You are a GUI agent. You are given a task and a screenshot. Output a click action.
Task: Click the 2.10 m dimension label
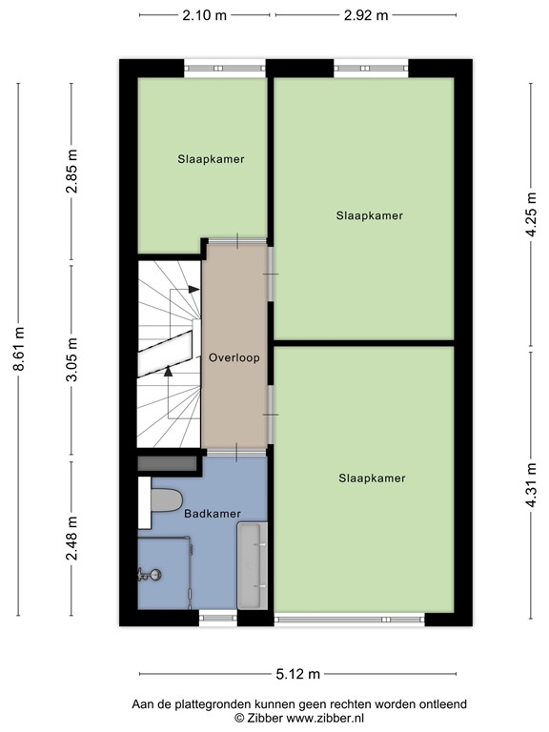click(x=205, y=15)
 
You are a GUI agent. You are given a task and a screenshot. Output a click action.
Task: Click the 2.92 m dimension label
click(x=366, y=15)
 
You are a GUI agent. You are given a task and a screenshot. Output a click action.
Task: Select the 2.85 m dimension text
click(x=71, y=171)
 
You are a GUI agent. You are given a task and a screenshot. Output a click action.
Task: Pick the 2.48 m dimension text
click(x=71, y=539)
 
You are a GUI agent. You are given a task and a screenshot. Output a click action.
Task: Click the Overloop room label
click(x=234, y=358)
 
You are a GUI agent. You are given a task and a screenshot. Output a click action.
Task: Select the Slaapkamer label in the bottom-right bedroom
click(x=372, y=478)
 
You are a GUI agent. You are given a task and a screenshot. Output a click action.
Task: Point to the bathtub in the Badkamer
click(x=253, y=566)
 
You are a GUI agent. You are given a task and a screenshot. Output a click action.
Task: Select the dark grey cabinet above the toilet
click(x=168, y=463)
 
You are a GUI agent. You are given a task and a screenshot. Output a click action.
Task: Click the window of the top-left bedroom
click(x=224, y=68)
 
